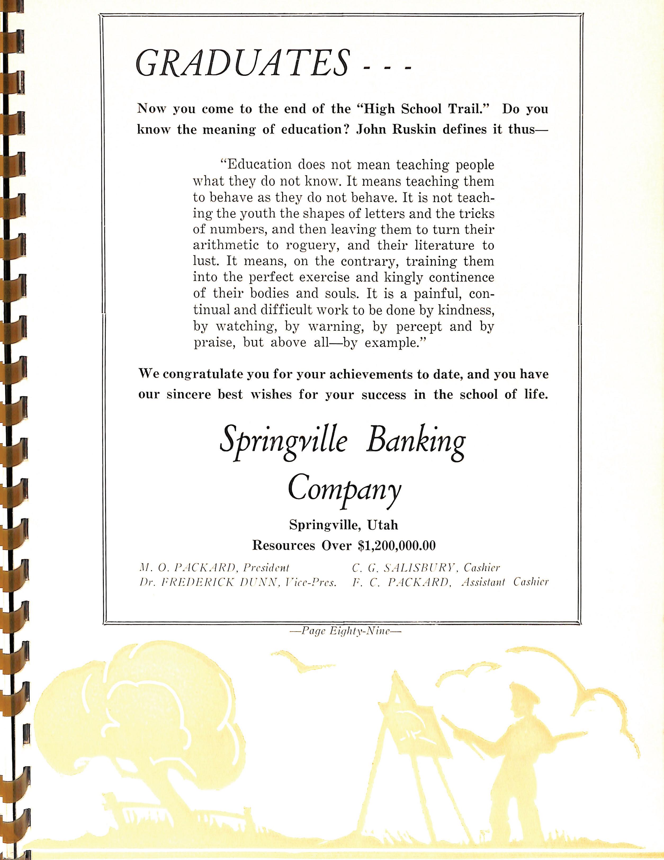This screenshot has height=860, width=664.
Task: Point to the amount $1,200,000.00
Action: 397,545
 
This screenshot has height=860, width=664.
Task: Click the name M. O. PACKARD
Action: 187,568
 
